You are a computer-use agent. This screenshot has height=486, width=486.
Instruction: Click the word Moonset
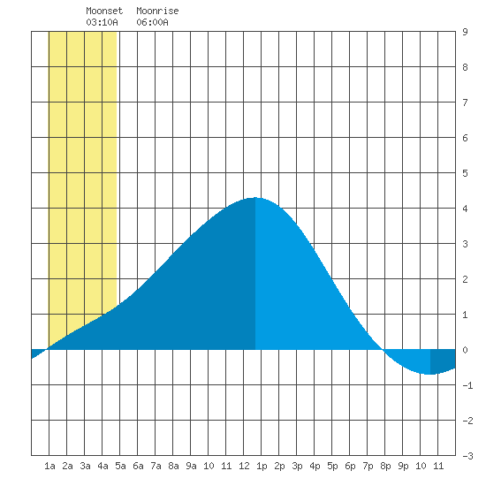tap(104, 11)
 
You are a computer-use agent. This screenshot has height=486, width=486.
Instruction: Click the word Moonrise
tap(157, 11)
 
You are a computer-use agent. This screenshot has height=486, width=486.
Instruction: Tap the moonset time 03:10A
tap(102, 22)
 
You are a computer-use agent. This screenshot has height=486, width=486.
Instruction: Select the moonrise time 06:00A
tap(153, 22)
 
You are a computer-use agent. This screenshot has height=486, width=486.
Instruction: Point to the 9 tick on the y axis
tap(465, 32)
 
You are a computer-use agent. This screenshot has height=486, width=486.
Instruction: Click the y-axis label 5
tap(465, 173)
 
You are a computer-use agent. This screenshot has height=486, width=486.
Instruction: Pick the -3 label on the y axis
tap(467, 456)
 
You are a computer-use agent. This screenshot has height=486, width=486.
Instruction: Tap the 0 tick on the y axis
tap(465, 350)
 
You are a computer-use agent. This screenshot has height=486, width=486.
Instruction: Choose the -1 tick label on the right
tap(467, 385)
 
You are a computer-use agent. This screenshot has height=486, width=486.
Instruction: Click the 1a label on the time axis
tap(49, 466)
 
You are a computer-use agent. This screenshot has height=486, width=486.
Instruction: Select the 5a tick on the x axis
tap(120, 466)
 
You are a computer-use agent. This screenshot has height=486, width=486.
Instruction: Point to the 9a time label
tap(191, 466)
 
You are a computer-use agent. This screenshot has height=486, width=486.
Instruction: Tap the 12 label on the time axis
tap(244, 466)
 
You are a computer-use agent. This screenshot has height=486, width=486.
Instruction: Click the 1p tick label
tap(262, 466)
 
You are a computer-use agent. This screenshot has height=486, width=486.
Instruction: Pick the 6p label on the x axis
tap(350, 466)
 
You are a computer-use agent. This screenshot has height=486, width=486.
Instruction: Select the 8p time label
tap(385, 466)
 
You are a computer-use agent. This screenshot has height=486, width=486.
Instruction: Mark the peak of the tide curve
tap(254, 197)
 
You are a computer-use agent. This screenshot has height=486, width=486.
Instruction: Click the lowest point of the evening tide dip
tap(429, 374)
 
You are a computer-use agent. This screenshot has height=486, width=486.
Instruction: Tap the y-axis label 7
tap(465, 103)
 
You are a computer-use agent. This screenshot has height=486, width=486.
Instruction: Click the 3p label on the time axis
tap(297, 466)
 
